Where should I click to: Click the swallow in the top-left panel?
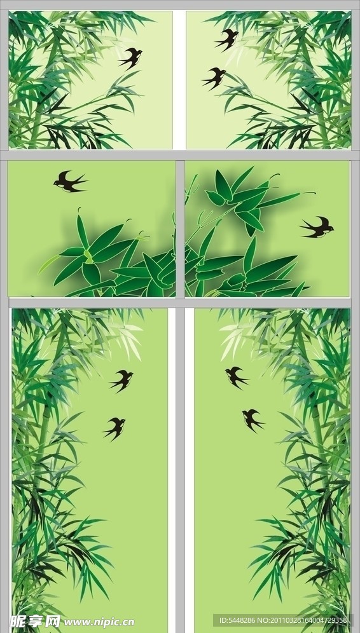pyautogui.click(x=130, y=58)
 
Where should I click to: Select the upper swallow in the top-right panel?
pyautogui.click(x=226, y=39)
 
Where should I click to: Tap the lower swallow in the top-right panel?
pyautogui.click(x=214, y=78)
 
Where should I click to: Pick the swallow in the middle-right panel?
pyautogui.click(x=317, y=228)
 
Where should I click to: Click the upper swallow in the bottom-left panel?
pyautogui.click(x=121, y=381)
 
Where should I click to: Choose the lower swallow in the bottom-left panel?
pyautogui.click(x=114, y=428)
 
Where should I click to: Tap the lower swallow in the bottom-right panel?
pyautogui.click(x=253, y=421)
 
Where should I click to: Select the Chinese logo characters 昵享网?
pyautogui.click(x=35, y=622)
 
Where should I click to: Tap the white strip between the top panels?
pyautogui.click(x=179, y=80)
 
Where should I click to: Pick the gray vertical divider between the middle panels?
pyautogui.click(x=180, y=229)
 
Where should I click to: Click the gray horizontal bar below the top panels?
pyautogui.click(x=180, y=156)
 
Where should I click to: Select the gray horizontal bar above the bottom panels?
pyautogui.click(x=180, y=303)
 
